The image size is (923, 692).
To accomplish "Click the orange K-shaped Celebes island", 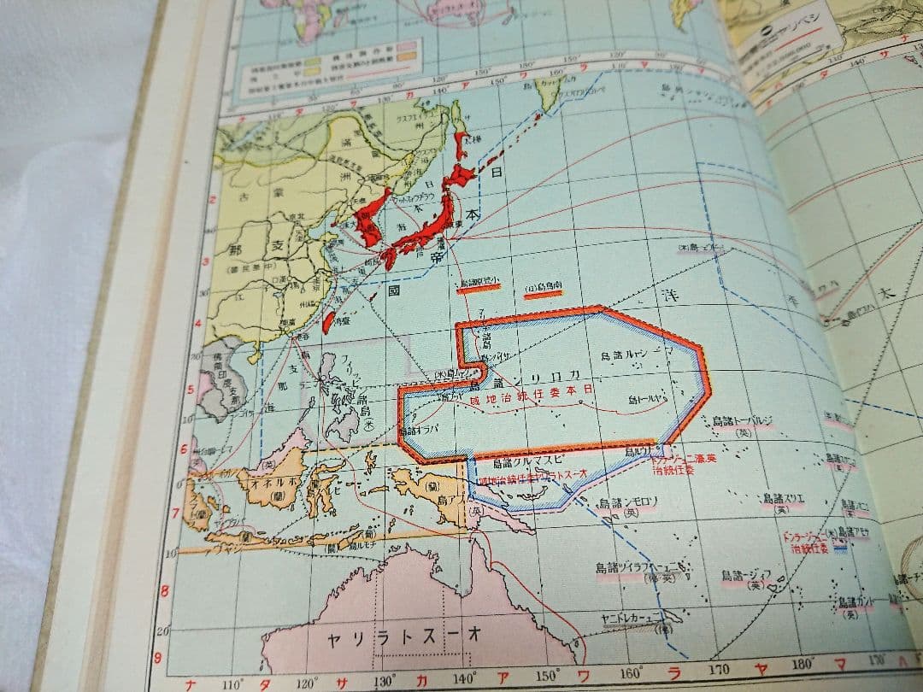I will [324, 490].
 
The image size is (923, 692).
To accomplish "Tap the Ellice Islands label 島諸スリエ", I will [784, 498].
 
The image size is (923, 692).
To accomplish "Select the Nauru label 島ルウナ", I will [642, 450].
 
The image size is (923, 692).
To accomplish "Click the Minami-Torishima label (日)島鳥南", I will [542, 288].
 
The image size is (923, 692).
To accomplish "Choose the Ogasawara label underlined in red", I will [479, 283].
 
